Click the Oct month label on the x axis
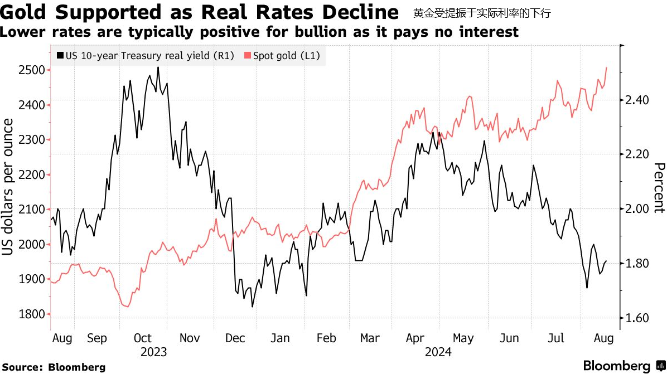click(x=143, y=338)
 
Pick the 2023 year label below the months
click(x=153, y=352)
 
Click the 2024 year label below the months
click(x=438, y=352)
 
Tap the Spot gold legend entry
click(x=286, y=56)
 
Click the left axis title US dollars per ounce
click(x=9, y=192)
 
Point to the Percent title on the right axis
click(x=659, y=188)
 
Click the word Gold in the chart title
click(x=27, y=12)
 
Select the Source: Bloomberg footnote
click(x=54, y=367)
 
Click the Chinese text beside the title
click(x=482, y=13)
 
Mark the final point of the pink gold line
click(x=606, y=67)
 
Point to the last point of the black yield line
click(x=606, y=261)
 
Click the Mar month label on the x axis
click(x=370, y=338)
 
